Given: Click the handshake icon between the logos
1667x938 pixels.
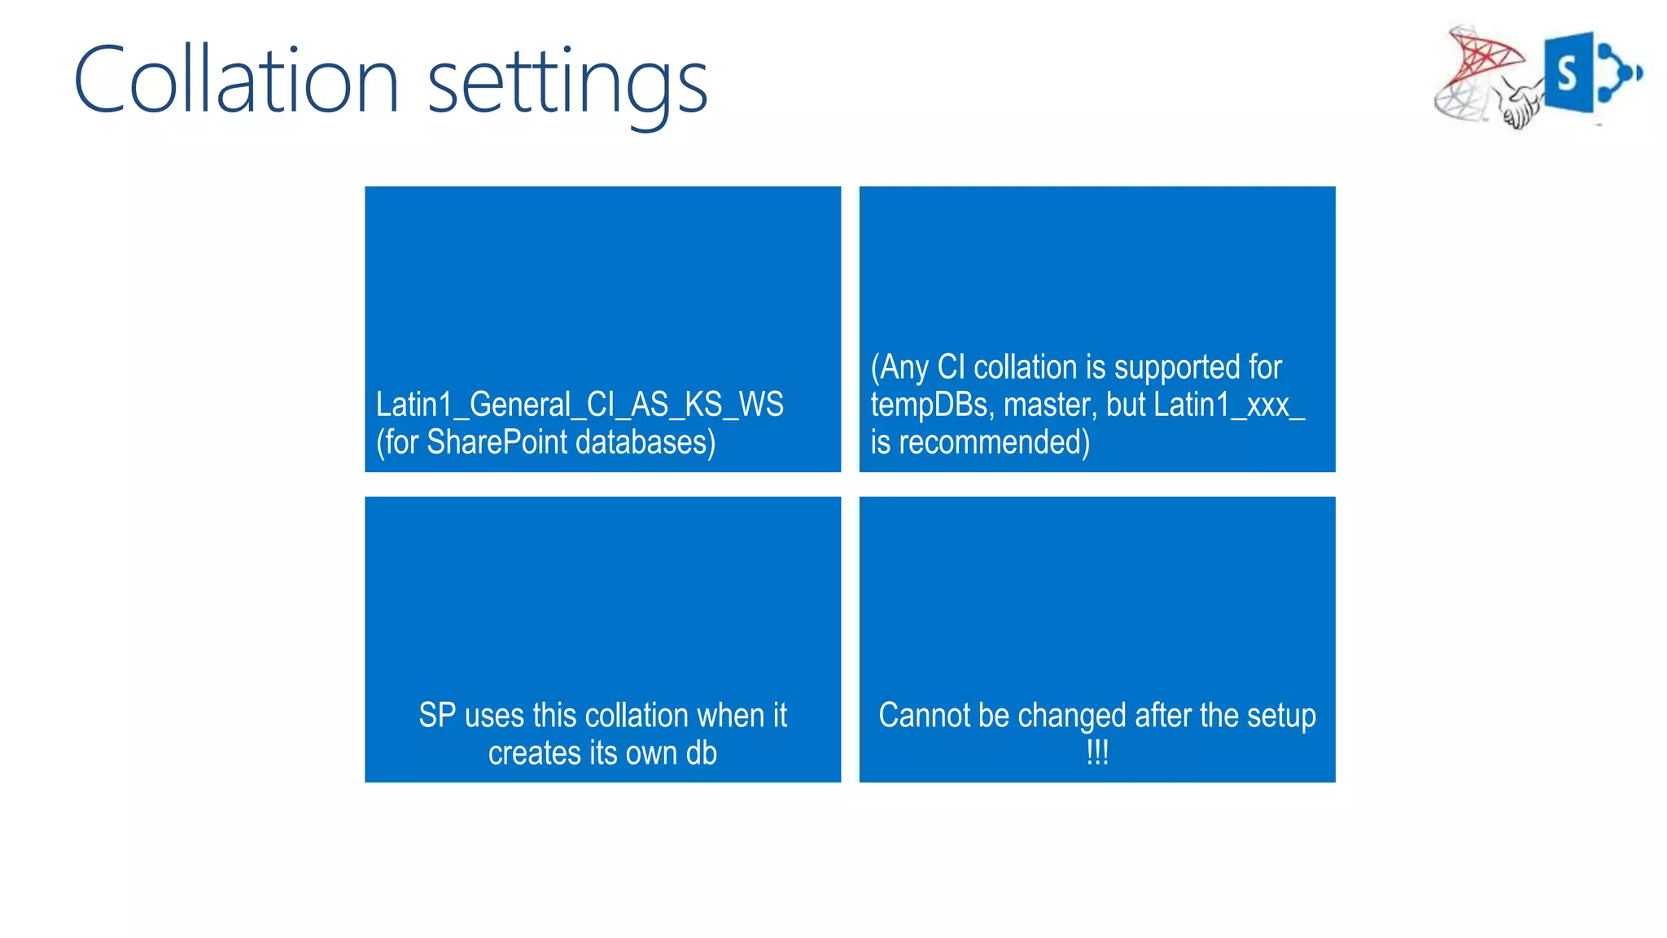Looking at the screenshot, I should (x=1519, y=106).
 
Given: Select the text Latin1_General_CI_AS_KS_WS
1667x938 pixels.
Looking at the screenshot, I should (x=580, y=405).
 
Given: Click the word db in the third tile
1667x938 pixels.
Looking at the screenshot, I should (x=701, y=753).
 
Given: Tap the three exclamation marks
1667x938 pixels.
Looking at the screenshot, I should (x=1097, y=752).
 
